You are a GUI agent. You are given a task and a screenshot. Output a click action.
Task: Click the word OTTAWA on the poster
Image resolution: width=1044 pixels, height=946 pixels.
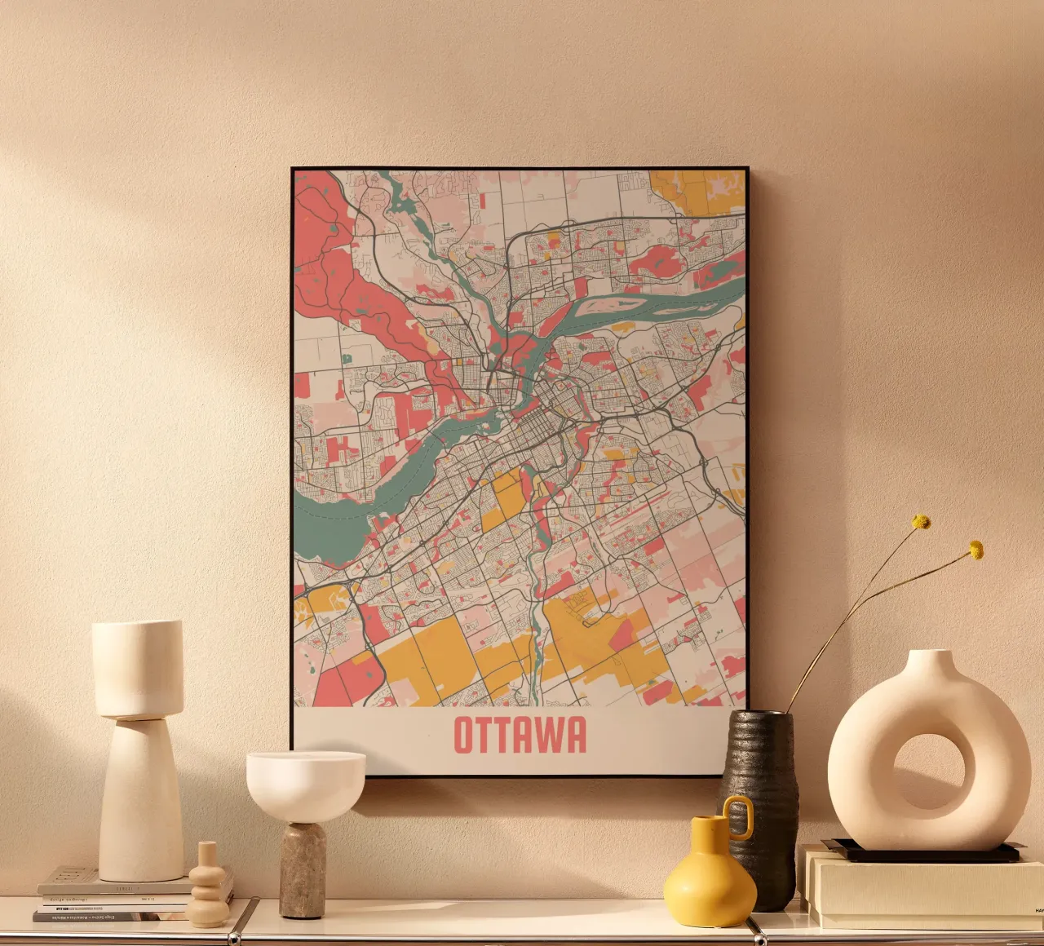[x=520, y=735]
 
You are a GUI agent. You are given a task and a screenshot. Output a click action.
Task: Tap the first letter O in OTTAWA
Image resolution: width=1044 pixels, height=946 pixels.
[x=463, y=735]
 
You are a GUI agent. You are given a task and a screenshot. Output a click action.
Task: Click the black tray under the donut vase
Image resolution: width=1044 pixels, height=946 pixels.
[x=921, y=852]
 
